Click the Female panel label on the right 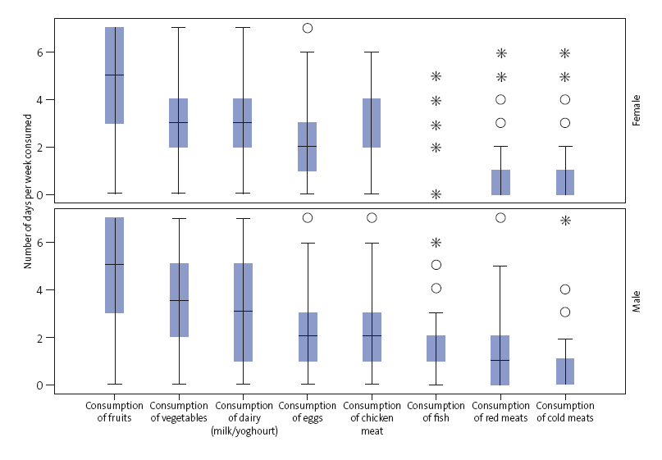pos(636,109)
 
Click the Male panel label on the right pos(636,301)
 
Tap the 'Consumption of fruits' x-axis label pos(114,412)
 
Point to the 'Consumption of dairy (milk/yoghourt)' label pos(243,418)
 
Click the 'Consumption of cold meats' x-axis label pos(565,412)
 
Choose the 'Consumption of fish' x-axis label pos(436,412)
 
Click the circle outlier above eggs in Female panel pos(308,28)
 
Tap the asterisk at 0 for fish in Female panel pos(436,194)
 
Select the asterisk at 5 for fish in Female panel pos(436,76)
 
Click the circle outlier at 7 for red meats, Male pos(500,218)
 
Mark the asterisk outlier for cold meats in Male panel pos(565,221)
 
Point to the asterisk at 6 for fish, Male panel pos(436,243)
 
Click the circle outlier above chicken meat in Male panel pos(372,218)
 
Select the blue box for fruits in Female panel pos(114,75)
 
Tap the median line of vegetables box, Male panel pos(179,301)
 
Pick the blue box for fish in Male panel pos(436,348)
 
